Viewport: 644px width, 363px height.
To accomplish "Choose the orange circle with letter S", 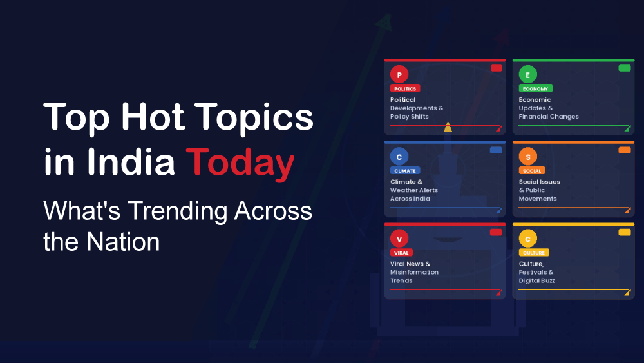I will coord(528,157).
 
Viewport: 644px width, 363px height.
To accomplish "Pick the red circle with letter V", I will coord(399,239).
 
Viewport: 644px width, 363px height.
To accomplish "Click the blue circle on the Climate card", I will coord(399,157).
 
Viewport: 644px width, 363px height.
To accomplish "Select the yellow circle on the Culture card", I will coord(528,239).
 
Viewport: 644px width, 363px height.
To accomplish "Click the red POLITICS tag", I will coord(405,88).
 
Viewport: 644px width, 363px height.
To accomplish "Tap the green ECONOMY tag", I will coord(535,88).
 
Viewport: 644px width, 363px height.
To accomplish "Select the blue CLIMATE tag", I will coord(405,170).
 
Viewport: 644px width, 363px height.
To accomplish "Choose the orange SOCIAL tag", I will coord(532,170).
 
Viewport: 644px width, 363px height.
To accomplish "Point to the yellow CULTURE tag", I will coord(534,252).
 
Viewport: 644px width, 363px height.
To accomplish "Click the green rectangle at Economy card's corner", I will coord(624,68).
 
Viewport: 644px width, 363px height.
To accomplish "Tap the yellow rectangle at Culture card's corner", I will coord(624,232).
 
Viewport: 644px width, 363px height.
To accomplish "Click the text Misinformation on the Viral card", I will coord(414,272).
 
